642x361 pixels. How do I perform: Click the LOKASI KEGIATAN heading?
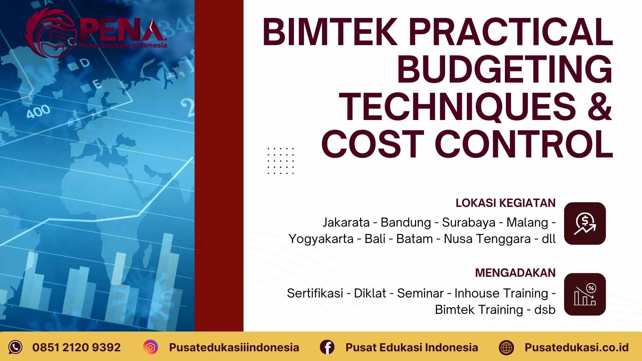pos(505,203)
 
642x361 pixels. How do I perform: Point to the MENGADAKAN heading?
pos(515,273)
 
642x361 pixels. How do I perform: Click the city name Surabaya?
pos(468,222)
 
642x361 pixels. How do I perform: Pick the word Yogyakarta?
pos(321,239)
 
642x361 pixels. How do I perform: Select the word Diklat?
pos(370,293)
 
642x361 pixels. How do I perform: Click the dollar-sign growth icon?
pos(585,223)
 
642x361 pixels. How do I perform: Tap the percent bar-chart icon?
pos(585,294)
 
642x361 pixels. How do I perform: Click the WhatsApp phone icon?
pos(15,347)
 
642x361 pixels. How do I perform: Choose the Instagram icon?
pos(150,347)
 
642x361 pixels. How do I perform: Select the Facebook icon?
pos(327,347)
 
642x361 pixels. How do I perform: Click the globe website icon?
pos(506,347)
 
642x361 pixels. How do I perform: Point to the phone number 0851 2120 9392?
pos(76,347)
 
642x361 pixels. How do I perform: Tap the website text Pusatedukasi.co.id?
pos(576,347)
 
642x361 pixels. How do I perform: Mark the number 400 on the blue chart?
pos(38,111)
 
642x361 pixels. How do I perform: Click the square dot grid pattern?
pos(281,161)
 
